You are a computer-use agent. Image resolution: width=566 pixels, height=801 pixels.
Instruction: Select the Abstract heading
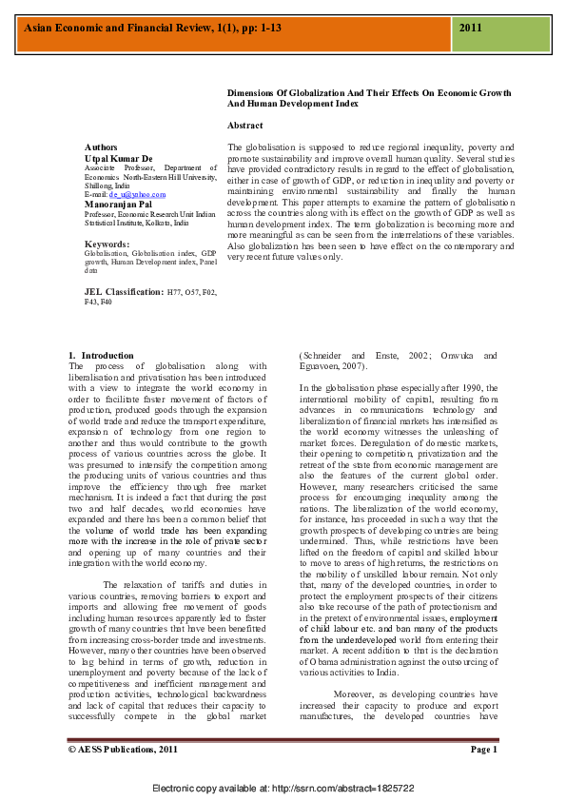245,126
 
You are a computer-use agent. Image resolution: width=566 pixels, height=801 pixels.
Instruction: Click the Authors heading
102,148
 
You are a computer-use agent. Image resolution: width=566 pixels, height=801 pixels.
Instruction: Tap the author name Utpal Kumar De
119,158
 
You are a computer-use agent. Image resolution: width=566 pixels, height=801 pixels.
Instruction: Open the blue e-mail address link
137,194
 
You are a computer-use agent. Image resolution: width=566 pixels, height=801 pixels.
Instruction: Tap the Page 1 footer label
483,750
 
